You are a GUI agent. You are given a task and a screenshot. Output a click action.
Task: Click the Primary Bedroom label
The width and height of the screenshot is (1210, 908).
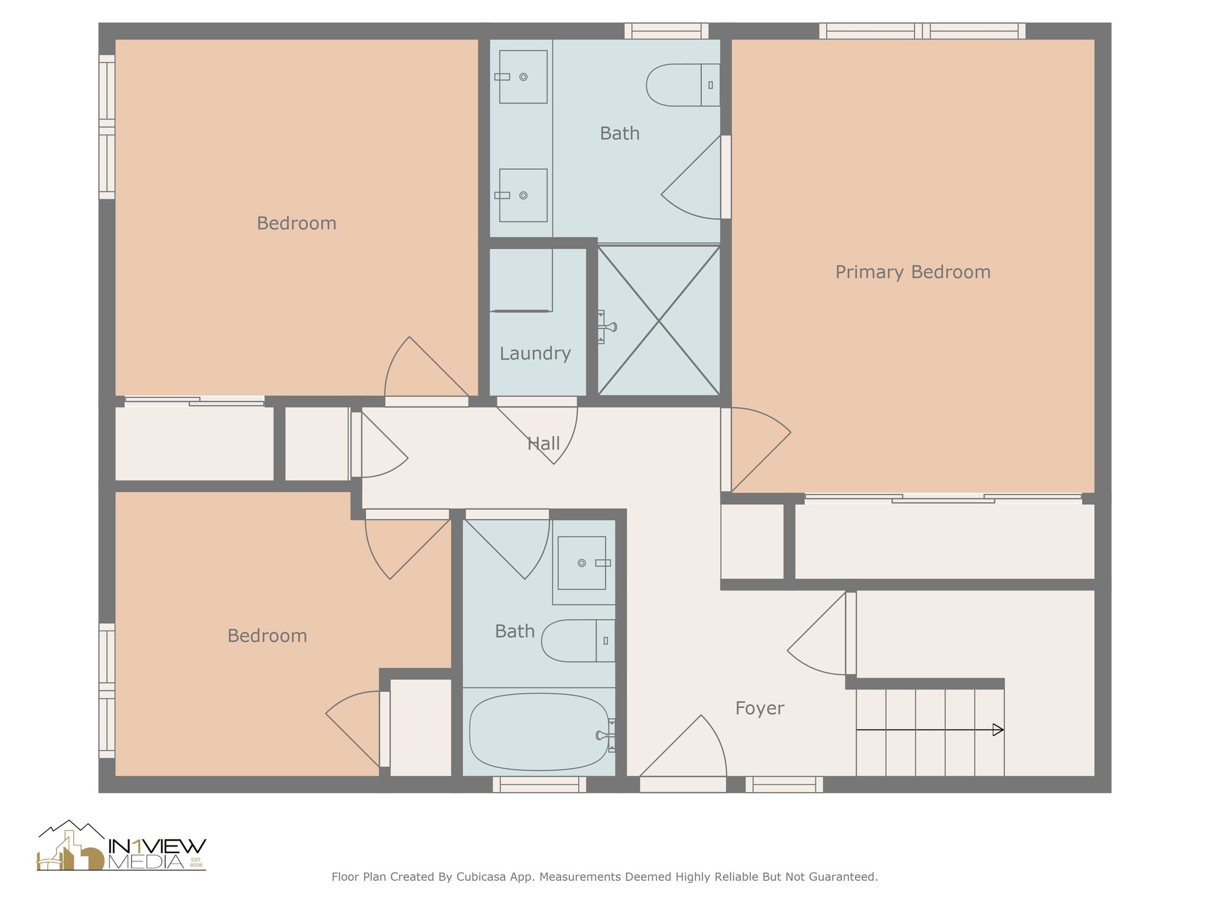(x=913, y=273)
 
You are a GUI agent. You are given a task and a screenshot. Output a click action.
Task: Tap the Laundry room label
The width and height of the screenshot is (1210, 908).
(x=535, y=354)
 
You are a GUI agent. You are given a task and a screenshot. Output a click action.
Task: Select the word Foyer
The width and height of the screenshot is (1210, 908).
(x=760, y=708)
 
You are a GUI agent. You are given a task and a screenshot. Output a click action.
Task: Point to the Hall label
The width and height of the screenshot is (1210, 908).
(x=544, y=443)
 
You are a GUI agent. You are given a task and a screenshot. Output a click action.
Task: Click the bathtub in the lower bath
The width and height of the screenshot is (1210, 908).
(x=539, y=732)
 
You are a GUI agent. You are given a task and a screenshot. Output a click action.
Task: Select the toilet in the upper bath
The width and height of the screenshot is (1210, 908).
(x=683, y=85)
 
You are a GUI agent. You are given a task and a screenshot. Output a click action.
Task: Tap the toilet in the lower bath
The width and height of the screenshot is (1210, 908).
(x=578, y=641)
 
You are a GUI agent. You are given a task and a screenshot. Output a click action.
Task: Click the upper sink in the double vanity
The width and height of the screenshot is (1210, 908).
(x=523, y=77)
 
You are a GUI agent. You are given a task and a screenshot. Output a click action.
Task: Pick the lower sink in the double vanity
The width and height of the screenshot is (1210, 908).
(x=523, y=196)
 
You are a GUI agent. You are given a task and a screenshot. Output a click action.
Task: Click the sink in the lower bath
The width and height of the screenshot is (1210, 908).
(x=583, y=563)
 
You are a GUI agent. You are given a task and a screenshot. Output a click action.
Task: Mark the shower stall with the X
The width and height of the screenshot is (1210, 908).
(x=659, y=320)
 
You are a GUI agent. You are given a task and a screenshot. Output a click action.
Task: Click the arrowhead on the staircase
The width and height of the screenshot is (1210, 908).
(x=998, y=730)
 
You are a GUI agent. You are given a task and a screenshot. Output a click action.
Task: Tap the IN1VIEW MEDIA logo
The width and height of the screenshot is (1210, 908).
(x=122, y=846)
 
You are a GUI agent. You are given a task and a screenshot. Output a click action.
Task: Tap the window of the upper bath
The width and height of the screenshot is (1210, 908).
(x=666, y=31)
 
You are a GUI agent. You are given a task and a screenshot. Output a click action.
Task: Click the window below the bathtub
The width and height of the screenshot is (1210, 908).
(x=539, y=784)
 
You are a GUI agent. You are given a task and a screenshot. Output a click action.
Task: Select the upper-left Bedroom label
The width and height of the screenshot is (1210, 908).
(x=297, y=223)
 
